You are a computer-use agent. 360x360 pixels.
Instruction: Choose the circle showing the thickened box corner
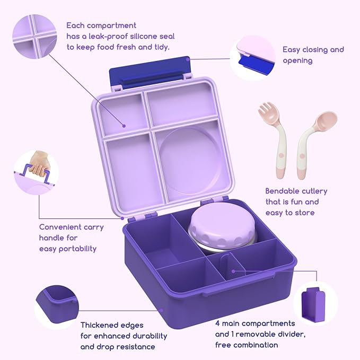57,307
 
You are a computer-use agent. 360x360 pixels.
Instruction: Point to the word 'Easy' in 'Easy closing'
292,50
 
